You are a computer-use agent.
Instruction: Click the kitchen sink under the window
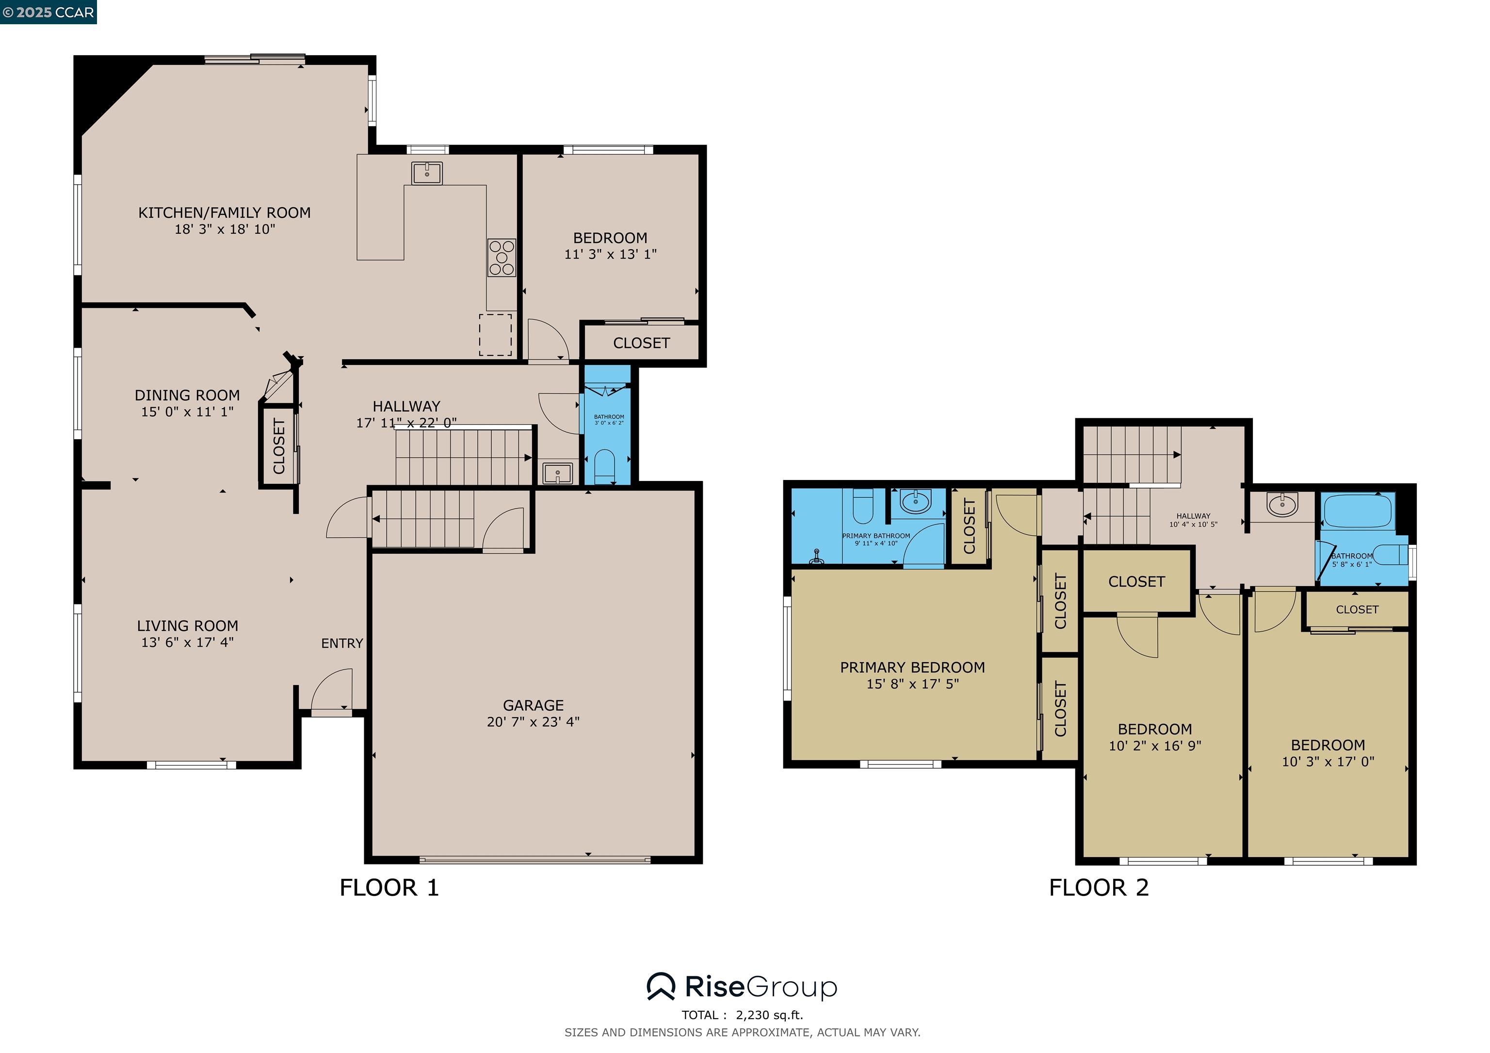(x=426, y=173)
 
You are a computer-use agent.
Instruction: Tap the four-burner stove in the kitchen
(x=502, y=257)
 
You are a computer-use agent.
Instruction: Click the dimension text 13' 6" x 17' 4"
(x=188, y=642)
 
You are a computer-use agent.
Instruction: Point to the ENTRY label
(x=342, y=643)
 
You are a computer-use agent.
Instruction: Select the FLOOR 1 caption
(x=389, y=888)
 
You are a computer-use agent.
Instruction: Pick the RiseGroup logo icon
(x=661, y=987)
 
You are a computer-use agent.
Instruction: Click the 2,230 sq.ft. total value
(x=769, y=1015)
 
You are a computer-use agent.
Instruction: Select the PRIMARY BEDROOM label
(x=912, y=668)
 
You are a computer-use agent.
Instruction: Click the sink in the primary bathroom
(x=915, y=501)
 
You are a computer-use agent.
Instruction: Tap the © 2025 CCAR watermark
(x=48, y=12)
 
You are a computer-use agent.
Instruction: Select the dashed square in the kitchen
(x=495, y=335)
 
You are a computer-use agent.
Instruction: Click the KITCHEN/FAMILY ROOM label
(x=224, y=213)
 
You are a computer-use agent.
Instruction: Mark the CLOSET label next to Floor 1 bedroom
(x=641, y=343)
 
